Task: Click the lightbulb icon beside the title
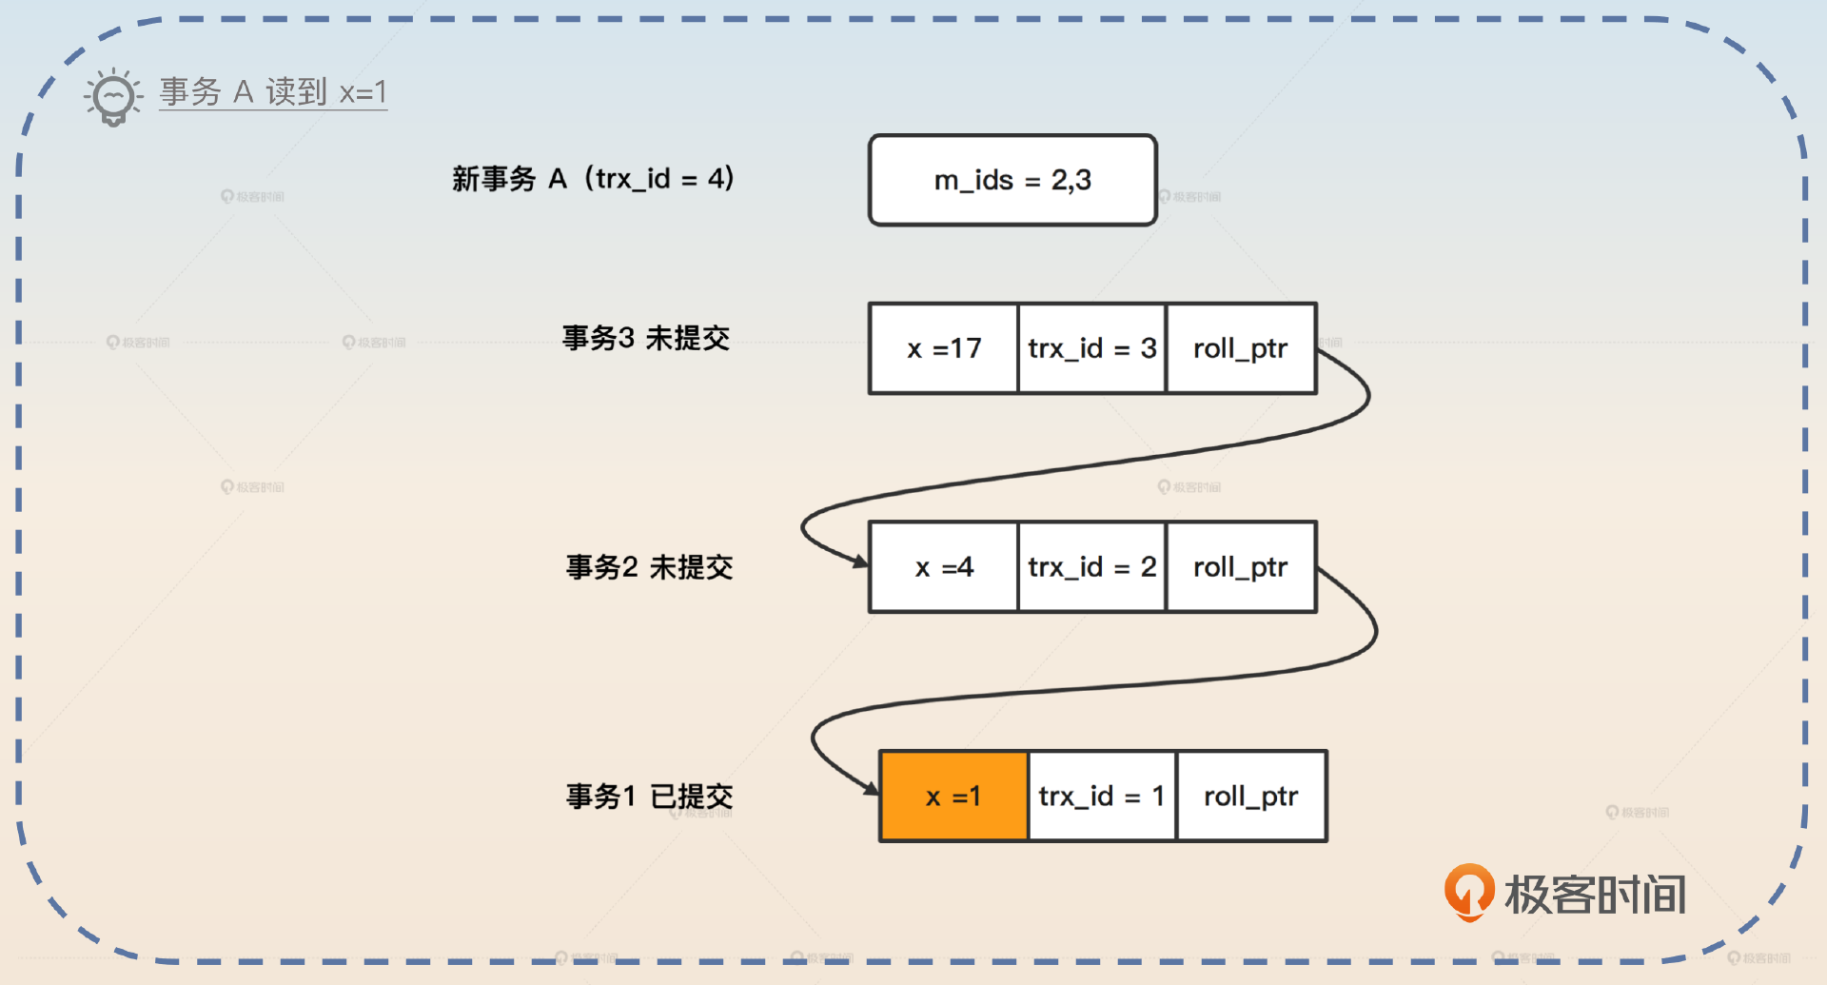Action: point(113,96)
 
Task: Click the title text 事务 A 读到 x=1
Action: point(273,92)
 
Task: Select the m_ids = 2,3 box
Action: point(1012,180)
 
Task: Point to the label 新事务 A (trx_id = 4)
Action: point(593,179)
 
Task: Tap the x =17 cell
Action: point(943,348)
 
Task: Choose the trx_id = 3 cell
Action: point(1091,348)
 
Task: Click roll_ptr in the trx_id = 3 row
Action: point(1241,348)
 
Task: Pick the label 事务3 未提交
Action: point(645,338)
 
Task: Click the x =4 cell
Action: point(943,567)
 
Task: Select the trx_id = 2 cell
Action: point(1091,567)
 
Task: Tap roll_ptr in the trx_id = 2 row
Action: point(1241,567)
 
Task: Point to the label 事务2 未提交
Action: point(649,567)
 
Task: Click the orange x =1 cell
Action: point(953,797)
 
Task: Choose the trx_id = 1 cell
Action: point(1102,797)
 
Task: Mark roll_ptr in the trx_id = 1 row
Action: point(1251,797)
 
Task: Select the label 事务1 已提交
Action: point(649,797)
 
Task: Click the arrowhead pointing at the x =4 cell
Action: point(860,561)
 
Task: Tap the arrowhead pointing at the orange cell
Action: point(871,788)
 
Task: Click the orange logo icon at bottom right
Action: point(1469,892)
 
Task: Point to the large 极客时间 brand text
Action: point(1595,895)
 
